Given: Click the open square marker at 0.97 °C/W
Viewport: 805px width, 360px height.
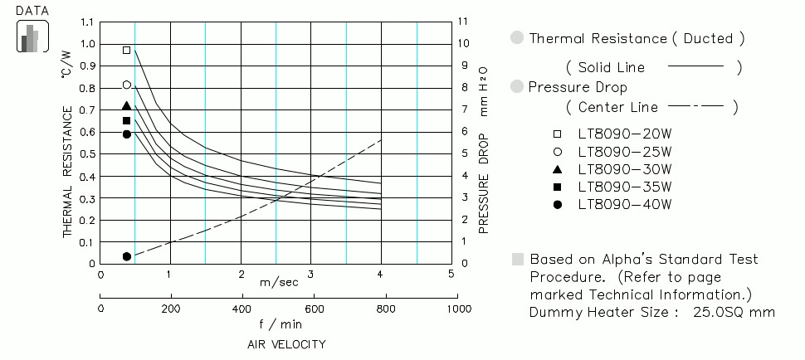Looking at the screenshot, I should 127,51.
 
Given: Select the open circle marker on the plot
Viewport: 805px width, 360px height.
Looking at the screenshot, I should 127,85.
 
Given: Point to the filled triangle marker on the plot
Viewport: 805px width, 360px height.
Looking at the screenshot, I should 127,106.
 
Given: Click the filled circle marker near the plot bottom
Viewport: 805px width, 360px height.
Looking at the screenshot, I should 127,256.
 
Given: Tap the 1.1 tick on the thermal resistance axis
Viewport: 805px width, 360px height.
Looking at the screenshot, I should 88,22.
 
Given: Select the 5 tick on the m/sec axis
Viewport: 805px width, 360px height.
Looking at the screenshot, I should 451,275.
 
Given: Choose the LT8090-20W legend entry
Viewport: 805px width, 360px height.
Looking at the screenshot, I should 624,134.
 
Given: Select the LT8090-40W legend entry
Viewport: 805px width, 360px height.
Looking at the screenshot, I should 624,205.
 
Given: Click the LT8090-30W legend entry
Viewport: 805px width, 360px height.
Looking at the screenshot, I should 624,169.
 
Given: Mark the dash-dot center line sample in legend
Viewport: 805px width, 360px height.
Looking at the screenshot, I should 695,106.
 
